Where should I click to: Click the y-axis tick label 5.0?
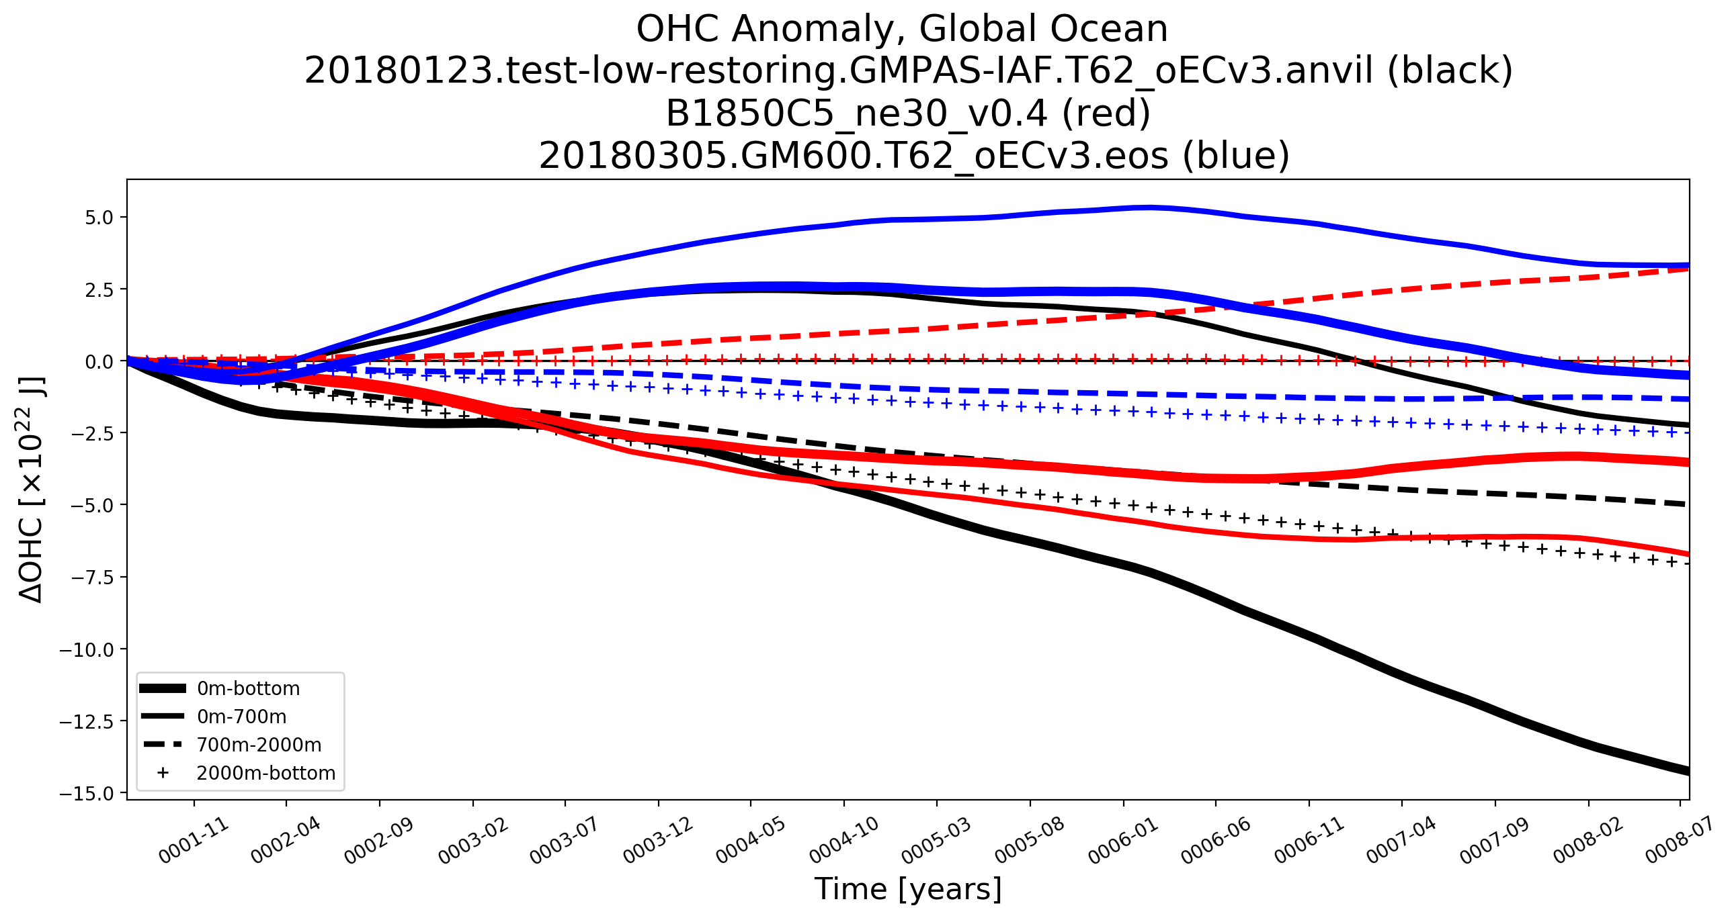tap(98, 217)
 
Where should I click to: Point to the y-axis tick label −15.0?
tap(87, 794)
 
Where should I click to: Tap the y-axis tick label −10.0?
tap(87, 650)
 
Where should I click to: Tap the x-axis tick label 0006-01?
tap(1124, 841)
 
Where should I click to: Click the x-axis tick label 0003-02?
tap(473, 841)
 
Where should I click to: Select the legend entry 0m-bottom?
tap(248, 688)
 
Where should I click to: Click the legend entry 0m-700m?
tap(241, 717)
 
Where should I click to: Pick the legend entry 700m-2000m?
tap(259, 745)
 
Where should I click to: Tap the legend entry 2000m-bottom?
tap(265, 773)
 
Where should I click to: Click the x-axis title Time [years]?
tap(908, 889)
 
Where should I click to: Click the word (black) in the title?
tap(1450, 71)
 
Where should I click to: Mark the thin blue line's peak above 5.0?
tap(1151, 207)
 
